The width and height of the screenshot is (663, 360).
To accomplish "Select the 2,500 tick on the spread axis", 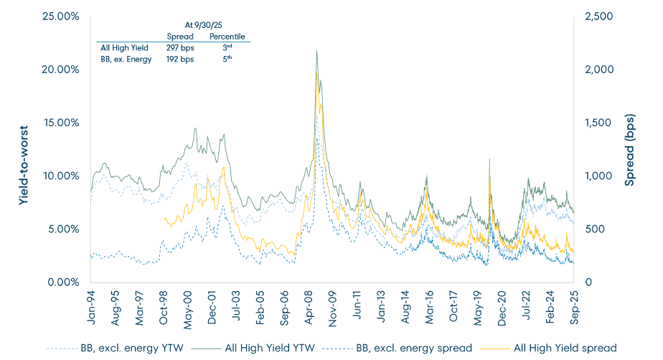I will (x=600, y=16).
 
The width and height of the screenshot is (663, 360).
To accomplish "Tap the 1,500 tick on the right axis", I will (x=600, y=123).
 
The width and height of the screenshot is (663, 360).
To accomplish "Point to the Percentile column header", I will (x=227, y=36).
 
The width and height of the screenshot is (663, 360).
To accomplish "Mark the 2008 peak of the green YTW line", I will (x=316, y=62).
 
